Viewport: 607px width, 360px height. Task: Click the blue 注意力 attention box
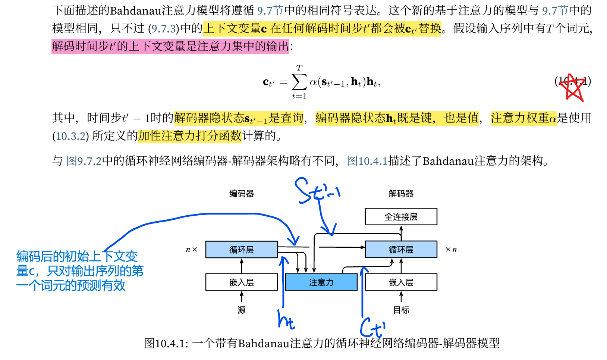(321, 282)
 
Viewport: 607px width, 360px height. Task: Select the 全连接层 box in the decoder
(401, 217)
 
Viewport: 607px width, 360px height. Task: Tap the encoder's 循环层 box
(241, 250)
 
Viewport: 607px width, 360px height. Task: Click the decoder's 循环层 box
(401, 250)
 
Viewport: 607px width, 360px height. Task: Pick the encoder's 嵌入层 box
(241, 282)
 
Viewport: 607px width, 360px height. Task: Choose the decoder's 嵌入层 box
(401, 282)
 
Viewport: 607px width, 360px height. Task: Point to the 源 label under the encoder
(242, 310)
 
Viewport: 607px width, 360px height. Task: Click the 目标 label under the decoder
(401, 310)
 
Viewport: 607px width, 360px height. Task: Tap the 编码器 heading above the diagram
(242, 194)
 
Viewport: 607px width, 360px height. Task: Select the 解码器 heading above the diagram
(401, 194)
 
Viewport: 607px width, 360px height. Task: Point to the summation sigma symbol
(299, 82)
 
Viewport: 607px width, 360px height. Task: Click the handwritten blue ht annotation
(286, 320)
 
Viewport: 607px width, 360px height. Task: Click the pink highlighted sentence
(170, 46)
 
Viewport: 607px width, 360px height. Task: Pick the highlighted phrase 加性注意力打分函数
(190, 136)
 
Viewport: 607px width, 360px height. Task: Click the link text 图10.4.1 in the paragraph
(367, 161)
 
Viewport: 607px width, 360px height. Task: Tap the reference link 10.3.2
(71, 136)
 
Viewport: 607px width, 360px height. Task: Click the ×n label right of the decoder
(451, 250)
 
